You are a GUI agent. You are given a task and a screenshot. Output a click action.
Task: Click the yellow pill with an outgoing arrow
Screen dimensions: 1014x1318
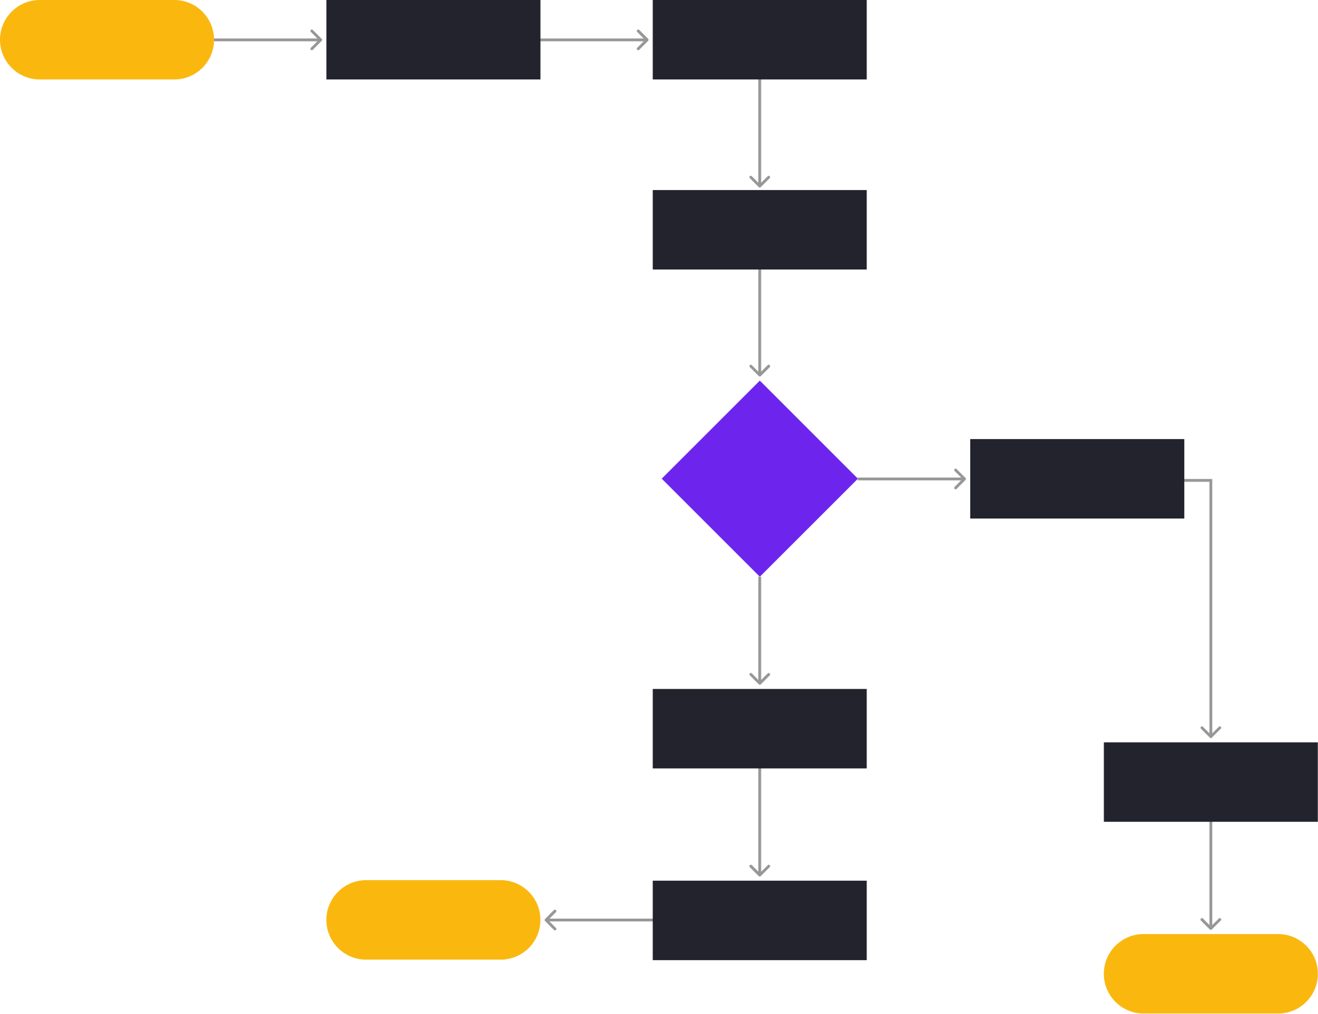[x=106, y=40]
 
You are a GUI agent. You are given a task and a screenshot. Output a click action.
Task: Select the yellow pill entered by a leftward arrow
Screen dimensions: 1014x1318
[x=433, y=919]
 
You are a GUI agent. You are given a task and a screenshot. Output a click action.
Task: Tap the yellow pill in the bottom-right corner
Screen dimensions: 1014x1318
[x=1210, y=973]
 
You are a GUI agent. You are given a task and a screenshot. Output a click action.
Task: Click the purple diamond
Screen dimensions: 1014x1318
[x=760, y=478]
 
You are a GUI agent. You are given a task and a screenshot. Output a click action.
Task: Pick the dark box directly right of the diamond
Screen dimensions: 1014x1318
[x=1077, y=478]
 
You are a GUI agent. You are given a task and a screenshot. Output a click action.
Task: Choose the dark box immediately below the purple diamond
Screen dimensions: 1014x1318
[x=760, y=728]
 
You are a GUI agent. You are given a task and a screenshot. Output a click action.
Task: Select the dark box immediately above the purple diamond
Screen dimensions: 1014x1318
[x=760, y=229]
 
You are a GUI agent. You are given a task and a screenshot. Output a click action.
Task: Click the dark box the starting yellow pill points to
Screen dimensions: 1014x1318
[x=433, y=40]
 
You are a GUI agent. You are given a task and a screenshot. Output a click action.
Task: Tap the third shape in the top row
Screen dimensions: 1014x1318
[x=760, y=40]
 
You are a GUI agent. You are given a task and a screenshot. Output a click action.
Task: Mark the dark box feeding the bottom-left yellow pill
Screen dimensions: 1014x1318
[x=760, y=919]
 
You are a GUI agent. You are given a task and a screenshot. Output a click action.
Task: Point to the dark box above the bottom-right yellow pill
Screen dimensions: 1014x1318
[x=1210, y=782]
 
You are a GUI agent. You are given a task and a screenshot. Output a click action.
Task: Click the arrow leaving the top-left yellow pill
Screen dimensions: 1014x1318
[x=268, y=40]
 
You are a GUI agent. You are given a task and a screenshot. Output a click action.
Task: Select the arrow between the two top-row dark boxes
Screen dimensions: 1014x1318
[x=594, y=40]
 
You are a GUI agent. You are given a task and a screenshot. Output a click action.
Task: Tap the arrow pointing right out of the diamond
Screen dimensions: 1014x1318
[x=912, y=479]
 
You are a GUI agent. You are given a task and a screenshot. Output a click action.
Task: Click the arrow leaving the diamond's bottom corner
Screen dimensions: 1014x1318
[x=760, y=631]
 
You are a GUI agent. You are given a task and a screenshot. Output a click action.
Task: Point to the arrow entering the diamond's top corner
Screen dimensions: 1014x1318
[x=760, y=323]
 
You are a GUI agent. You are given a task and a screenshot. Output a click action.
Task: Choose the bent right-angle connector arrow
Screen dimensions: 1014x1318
[x=1210, y=608]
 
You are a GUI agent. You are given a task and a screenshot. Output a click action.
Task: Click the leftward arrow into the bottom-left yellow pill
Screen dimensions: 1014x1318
[x=598, y=921]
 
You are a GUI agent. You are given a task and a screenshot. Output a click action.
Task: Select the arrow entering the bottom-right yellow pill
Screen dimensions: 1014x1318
[x=1210, y=876]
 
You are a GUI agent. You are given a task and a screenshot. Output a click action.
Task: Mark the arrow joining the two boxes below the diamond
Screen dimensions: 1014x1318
[x=760, y=823]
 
